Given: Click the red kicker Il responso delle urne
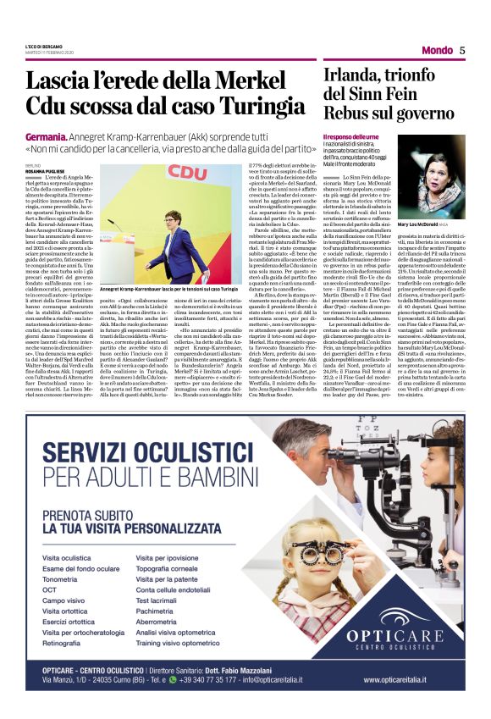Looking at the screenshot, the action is coord(351,136).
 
